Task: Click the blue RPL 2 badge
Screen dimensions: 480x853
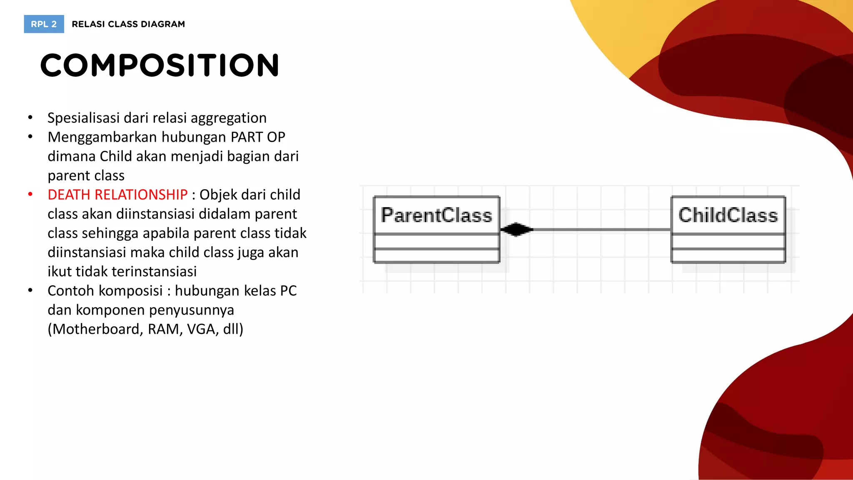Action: tap(44, 24)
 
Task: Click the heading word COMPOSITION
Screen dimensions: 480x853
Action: tap(160, 66)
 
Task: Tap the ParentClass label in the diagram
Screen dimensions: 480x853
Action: tap(436, 215)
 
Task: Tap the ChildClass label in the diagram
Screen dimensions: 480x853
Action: tap(728, 215)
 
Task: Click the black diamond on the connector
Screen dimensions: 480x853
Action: tap(516, 229)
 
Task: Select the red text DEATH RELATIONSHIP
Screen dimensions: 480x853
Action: tap(117, 195)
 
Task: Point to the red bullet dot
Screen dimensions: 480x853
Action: tap(30, 195)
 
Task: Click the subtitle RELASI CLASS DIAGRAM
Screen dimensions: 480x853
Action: tap(128, 24)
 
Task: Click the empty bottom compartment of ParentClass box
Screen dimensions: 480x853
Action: tap(436, 255)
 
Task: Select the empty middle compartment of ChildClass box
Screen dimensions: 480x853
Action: tap(728, 241)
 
